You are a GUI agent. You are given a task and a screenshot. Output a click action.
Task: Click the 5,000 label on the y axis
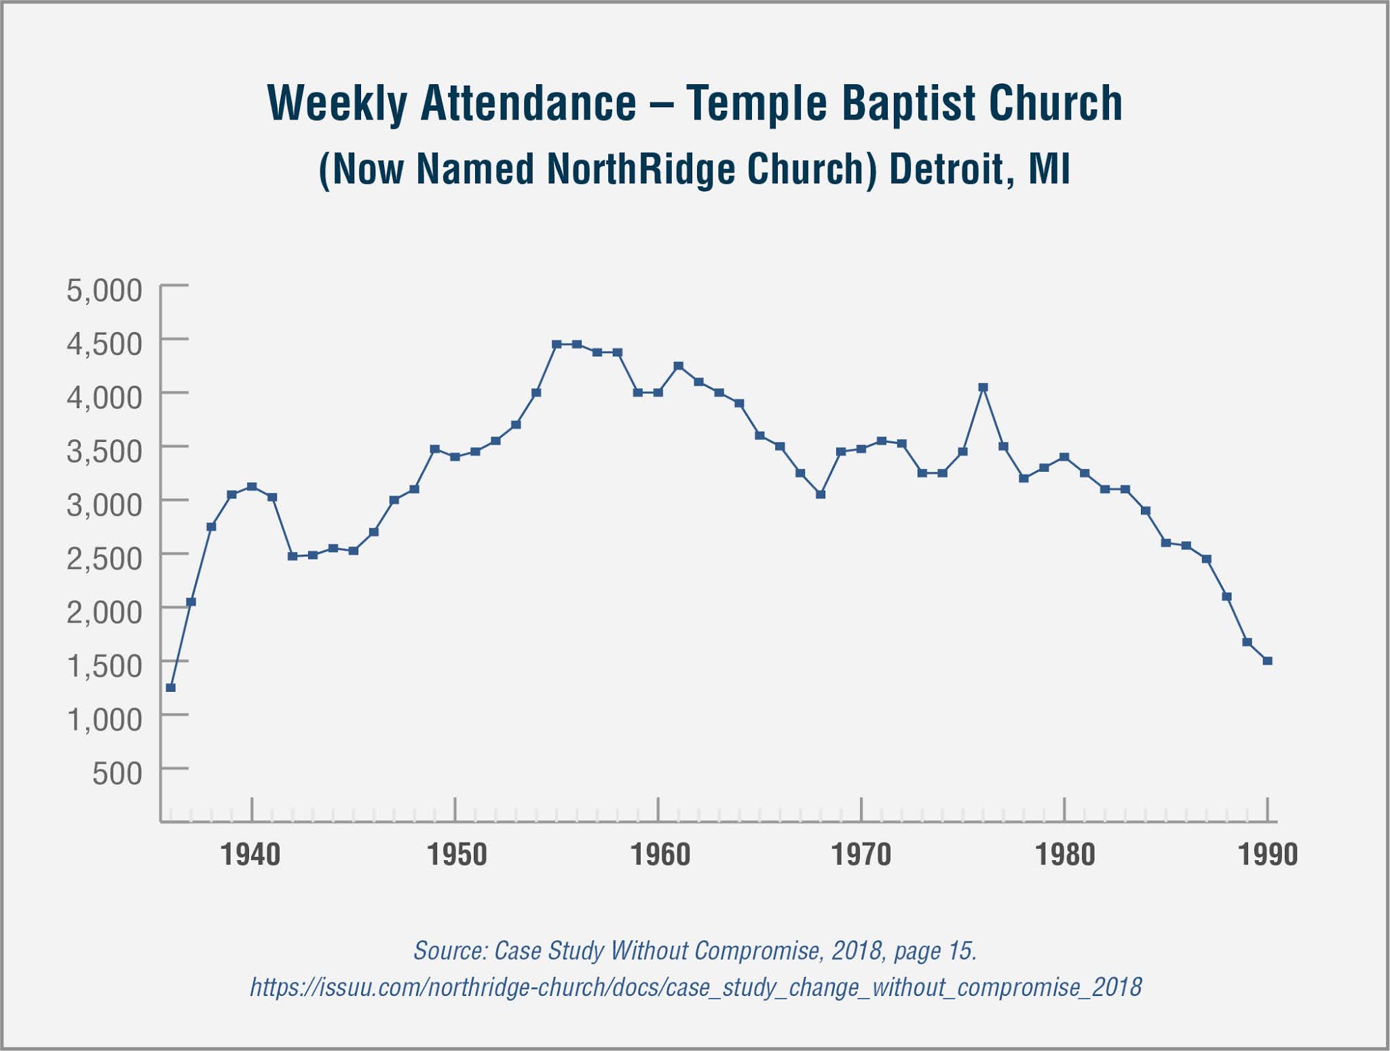click(x=105, y=291)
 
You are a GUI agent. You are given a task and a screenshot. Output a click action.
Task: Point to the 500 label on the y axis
click(x=117, y=773)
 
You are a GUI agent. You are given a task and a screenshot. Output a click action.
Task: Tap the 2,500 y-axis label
click(x=105, y=559)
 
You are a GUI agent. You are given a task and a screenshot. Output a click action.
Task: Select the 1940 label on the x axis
click(x=250, y=854)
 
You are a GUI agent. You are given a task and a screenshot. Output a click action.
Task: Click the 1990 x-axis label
click(x=1267, y=854)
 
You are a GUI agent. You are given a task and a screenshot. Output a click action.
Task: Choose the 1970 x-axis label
click(x=861, y=854)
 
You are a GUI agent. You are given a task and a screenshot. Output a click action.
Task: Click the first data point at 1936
click(x=171, y=688)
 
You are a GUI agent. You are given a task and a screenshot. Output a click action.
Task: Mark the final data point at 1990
click(x=1267, y=661)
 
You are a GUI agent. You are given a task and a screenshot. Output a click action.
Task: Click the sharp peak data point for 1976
click(x=983, y=388)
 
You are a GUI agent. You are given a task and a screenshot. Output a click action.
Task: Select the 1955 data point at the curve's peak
click(x=557, y=344)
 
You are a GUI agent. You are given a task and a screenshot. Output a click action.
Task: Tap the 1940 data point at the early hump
click(x=252, y=486)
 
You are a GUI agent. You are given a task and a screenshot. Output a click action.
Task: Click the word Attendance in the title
click(x=529, y=103)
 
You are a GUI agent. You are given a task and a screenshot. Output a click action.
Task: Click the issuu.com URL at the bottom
click(x=696, y=987)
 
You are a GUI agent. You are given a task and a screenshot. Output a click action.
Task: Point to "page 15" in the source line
click(x=935, y=951)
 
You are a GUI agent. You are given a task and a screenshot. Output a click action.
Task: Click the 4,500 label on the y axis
click(x=105, y=344)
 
